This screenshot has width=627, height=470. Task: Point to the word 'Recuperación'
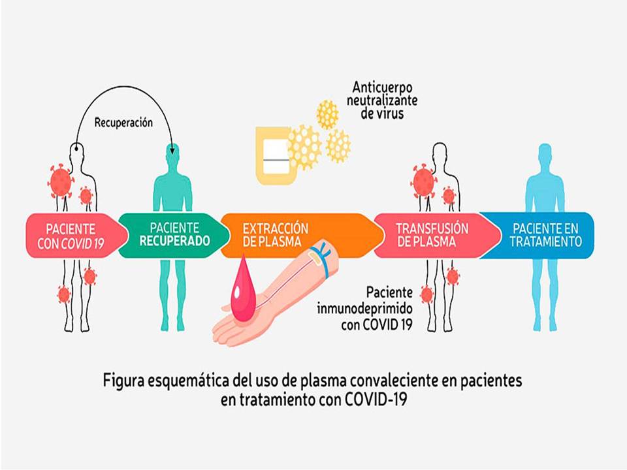pyautogui.click(x=123, y=122)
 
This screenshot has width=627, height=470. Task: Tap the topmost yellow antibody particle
pyautogui.click(x=327, y=115)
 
